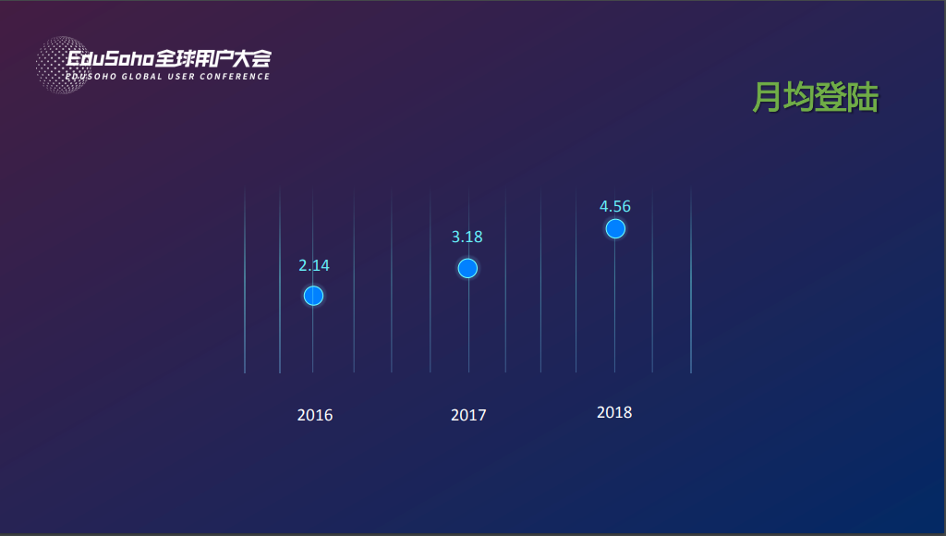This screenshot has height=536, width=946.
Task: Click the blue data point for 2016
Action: pos(313,296)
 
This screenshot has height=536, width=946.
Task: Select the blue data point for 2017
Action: pos(467,268)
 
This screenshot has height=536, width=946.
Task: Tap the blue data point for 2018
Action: pos(615,228)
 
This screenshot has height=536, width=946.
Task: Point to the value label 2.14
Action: pos(313,265)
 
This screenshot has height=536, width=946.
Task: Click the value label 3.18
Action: pos(467,237)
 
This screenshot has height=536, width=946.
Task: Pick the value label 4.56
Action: pos(615,206)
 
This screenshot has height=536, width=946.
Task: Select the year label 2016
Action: pos(315,415)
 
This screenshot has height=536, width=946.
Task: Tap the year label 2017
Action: pos(468,415)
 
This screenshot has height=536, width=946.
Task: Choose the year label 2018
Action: pos(614,412)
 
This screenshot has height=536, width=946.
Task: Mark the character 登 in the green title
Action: pos(830,97)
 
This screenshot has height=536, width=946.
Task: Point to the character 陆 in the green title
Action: pos(862,97)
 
